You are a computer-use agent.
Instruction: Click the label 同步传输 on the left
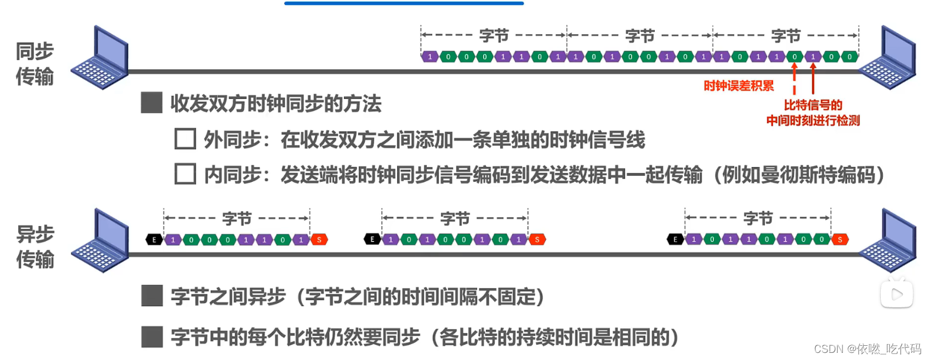[x=34, y=64]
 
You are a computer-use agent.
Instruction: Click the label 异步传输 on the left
[x=35, y=247]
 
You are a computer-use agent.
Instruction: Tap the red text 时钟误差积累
[x=738, y=86]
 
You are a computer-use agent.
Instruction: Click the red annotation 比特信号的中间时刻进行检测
[x=813, y=112]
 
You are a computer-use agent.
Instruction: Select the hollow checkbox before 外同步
[x=185, y=139]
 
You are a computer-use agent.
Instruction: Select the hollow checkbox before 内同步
[x=185, y=174]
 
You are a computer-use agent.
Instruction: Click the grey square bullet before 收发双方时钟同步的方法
[x=152, y=102]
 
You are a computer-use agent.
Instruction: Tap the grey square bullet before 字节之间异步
[x=152, y=295]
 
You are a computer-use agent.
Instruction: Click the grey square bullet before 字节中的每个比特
[x=152, y=336]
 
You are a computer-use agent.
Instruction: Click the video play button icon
[x=896, y=294]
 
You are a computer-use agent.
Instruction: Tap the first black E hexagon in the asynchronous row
[x=154, y=240]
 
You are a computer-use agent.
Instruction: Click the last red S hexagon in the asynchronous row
[x=840, y=240]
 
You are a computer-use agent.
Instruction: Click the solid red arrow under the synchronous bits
[x=813, y=78]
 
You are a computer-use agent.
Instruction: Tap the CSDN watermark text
[x=867, y=349]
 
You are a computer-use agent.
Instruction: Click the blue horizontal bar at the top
[x=404, y=4]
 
